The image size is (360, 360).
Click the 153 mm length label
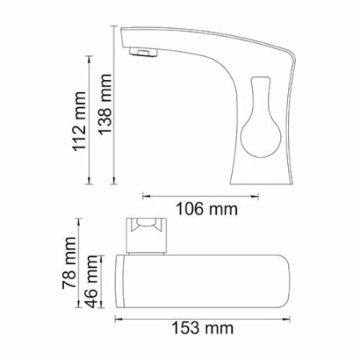pos(206,328)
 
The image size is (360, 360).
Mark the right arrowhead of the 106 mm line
pos(255,194)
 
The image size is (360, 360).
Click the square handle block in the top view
pos(147,234)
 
